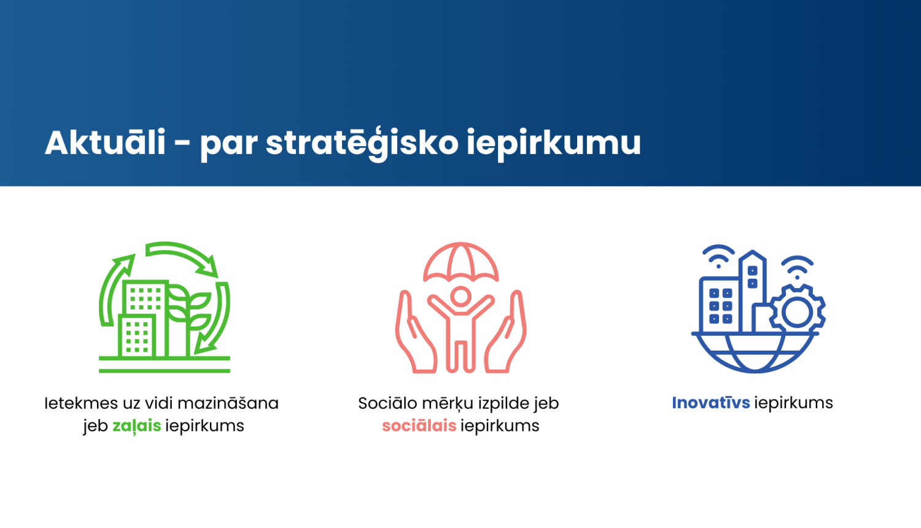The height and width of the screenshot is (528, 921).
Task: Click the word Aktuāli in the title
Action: tap(105, 143)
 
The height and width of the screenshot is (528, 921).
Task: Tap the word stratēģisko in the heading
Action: tap(362, 143)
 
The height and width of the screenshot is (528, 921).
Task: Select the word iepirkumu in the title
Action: tap(554, 143)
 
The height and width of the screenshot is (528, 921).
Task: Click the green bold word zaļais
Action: tap(136, 425)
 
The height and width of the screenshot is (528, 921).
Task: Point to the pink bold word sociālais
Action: tap(419, 425)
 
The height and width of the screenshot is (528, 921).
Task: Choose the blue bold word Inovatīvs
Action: tap(710, 403)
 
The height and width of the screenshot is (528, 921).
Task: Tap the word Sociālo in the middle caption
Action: tap(387, 403)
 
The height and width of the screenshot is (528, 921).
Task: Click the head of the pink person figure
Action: tap(460, 297)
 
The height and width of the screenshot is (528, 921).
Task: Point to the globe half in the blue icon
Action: tap(755, 353)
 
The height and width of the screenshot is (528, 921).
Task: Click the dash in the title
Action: tap(182, 144)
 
